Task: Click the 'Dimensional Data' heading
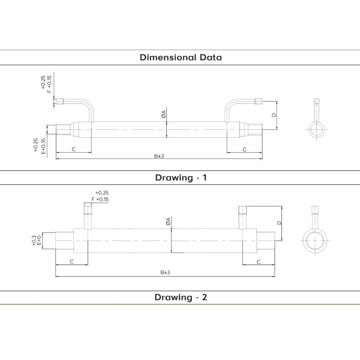[x=181, y=57]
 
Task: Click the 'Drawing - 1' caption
[x=181, y=177]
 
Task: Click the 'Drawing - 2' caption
[x=181, y=297]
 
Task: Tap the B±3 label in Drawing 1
[x=159, y=156]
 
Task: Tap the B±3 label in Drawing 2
[x=165, y=273]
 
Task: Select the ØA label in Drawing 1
[x=163, y=114]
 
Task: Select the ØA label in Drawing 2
[x=168, y=221]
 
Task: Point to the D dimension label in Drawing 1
[x=274, y=115]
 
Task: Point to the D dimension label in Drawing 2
[x=279, y=223]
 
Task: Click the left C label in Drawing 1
[x=73, y=149]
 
